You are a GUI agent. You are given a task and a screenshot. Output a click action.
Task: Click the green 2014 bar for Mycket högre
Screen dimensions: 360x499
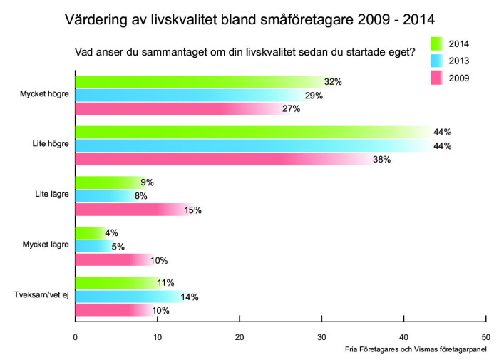[x=200, y=81]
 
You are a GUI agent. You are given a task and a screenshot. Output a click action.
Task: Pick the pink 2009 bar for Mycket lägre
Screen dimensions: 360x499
[x=114, y=260]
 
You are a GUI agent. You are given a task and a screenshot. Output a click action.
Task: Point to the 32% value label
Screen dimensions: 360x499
[x=333, y=82]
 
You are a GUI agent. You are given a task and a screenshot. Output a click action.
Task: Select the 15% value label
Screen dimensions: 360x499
[x=193, y=210]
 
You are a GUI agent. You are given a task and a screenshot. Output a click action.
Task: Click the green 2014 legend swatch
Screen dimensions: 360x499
[x=438, y=43]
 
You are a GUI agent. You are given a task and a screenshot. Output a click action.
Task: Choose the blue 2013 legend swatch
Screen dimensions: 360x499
[x=438, y=61]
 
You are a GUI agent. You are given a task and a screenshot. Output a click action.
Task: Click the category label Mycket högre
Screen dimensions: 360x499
[x=46, y=94]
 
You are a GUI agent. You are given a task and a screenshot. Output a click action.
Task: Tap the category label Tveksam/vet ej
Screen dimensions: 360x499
[x=42, y=295]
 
